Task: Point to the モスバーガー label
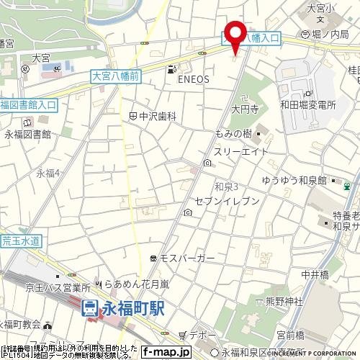[186, 257]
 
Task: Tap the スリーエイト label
[241, 152]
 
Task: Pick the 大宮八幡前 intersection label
[115, 73]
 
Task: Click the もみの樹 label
[233, 135]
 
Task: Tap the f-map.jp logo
[165, 353]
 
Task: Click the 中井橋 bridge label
[315, 274]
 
